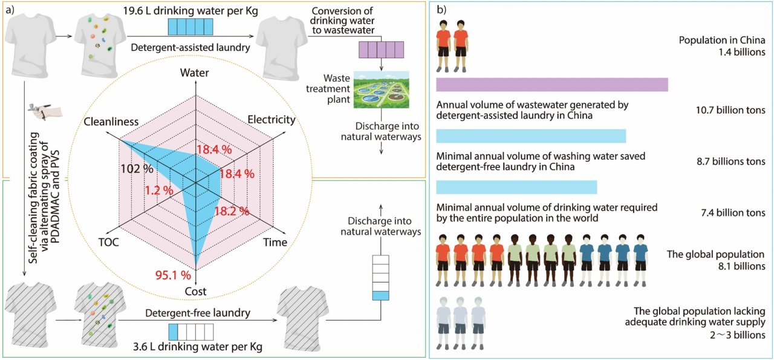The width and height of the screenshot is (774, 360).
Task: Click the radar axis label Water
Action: click(195, 73)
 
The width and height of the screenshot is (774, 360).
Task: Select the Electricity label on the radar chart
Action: click(272, 119)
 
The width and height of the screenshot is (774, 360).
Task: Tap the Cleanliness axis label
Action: click(111, 122)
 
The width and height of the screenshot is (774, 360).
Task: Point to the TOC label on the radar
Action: click(108, 242)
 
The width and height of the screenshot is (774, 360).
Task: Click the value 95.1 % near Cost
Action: click(173, 275)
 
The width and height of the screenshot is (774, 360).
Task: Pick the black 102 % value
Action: click(137, 169)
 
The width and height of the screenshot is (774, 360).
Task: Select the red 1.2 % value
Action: click(159, 190)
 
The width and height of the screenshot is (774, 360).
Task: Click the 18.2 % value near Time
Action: click(232, 211)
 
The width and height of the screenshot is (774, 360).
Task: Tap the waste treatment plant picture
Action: click(381, 90)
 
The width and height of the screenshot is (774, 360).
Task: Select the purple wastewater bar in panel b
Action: click(552, 85)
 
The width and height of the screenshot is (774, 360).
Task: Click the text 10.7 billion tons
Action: click(730, 110)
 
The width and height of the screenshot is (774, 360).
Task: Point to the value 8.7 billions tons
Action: click(731, 161)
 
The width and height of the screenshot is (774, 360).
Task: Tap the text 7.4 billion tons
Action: click(733, 213)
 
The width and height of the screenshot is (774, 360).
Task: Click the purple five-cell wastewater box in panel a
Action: click(381, 50)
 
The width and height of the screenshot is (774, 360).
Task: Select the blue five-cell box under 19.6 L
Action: click(190, 27)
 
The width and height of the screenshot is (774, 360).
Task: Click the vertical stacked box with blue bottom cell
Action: click(381, 278)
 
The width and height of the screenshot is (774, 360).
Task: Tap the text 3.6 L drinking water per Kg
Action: click(198, 347)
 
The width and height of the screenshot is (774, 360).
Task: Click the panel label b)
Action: click(441, 10)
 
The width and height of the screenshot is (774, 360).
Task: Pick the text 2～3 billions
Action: click(737, 335)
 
